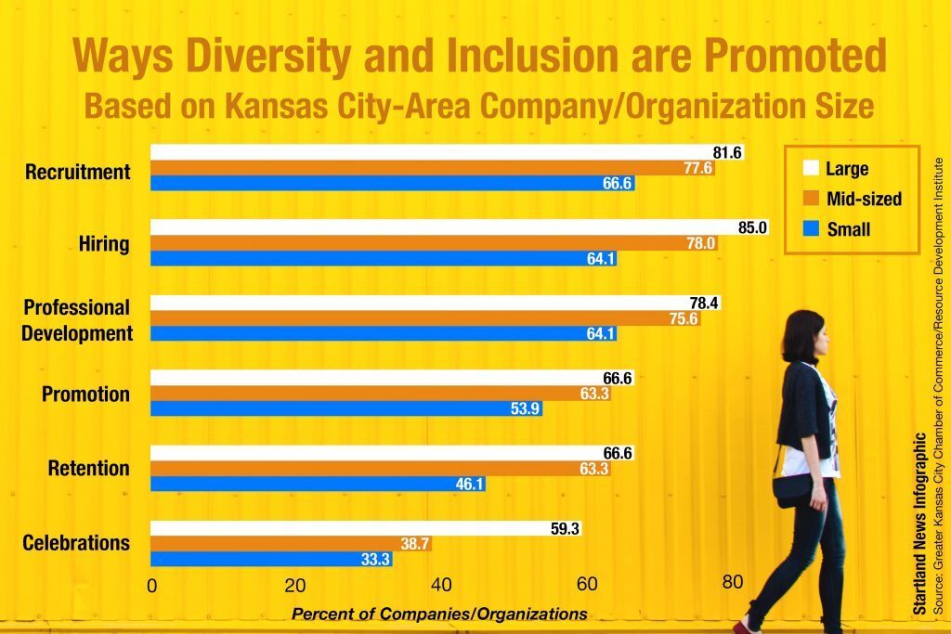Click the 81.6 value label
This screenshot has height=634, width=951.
pyautogui.click(x=727, y=152)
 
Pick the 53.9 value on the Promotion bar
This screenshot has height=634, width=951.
pyautogui.click(x=527, y=408)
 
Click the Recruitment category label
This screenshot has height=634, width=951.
pyautogui.click(x=78, y=172)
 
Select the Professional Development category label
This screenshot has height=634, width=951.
pyautogui.click(x=78, y=320)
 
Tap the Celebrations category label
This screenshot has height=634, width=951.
pyautogui.click(x=76, y=543)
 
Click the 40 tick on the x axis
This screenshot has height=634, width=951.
pyautogui.click(x=441, y=585)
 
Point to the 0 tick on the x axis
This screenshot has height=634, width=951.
pyautogui.click(x=152, y=585)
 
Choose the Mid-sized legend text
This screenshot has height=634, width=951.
pyautogui.click(x=864, y=198)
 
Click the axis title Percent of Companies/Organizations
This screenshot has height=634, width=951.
pyautogui.click(x=439, y=614)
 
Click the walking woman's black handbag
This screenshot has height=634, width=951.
pyautogui.click(x=791, y=489)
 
